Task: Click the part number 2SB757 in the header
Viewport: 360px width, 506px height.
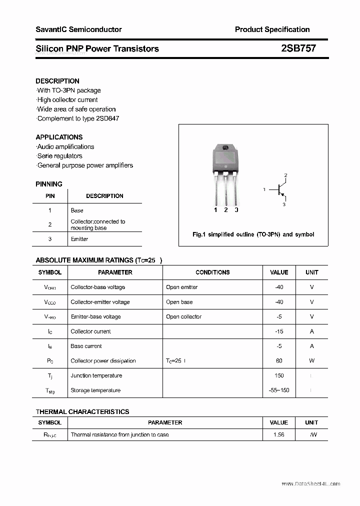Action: (298, 48)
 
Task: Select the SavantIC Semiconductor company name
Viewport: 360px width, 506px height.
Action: (78, 29)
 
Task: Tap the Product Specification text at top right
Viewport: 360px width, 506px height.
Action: (272, 29)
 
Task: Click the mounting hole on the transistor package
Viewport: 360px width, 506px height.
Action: (225, 148)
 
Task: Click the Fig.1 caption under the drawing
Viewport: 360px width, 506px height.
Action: (253, 234)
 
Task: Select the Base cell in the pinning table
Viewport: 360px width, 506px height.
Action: (77, 210)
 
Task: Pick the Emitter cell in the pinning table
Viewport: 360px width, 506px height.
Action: (79, 239)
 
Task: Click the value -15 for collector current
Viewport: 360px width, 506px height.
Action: (279, 331)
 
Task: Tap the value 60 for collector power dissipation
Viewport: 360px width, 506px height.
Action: (279, 361)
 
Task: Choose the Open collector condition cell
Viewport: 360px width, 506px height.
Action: (183, 316)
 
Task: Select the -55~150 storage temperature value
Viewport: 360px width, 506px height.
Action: (279, 390)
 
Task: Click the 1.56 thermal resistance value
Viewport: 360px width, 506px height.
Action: (279, 435)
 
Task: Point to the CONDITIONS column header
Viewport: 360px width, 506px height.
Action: (212, 272)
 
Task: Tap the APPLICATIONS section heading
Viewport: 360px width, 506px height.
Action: (59, 137)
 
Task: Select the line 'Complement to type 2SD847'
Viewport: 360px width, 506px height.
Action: (78, 118)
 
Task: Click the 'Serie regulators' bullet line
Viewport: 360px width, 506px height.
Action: (60, 156)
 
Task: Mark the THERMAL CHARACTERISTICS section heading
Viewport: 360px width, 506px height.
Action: (82, 411)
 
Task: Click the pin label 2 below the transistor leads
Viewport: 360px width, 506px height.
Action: (226, 210)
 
